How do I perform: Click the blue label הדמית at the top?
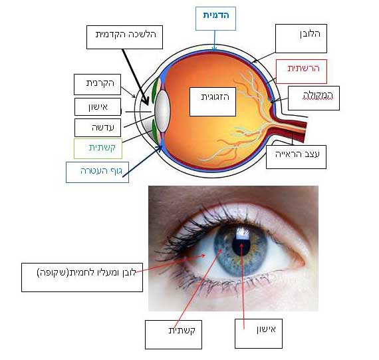click(x=216, y=15)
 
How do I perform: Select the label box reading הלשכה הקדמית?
click(x=125, y=37)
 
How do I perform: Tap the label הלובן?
click(x=310, y=34)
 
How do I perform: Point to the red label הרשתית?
click(x=303, y=68)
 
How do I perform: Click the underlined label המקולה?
click(x=318, y=96)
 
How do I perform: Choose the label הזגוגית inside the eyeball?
click(x=215, y=97)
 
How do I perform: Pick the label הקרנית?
click(x=100, y=83)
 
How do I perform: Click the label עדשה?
click(x=102, y=127)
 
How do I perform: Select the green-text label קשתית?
click(x=102, y=148)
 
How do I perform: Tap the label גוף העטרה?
click(x=101, y=171)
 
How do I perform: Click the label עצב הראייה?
click(x=297, y=154)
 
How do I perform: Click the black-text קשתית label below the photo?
click(x=182, y=330)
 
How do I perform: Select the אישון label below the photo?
click(x=266, y=329)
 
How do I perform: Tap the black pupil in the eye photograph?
click(x=241, y=244)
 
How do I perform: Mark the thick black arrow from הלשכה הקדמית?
click(x=136, y=77)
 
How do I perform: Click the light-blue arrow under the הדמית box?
click(x=214, y=41)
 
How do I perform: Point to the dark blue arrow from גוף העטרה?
click(x=142, y=161)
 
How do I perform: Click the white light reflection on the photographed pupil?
click(x=243, y=234)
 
